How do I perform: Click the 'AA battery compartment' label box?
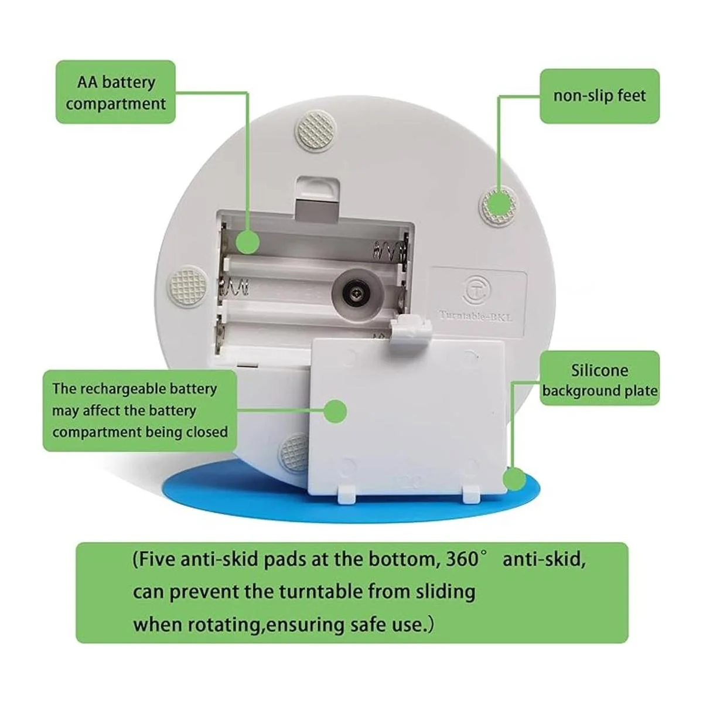click(115, 91)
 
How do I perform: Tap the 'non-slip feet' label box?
click(599, 96)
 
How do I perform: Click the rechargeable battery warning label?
click(140, 411)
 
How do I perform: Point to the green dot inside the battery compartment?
click(247, 242)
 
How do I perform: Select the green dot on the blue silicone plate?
click(514, 479)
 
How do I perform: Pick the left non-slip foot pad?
click(188, 288)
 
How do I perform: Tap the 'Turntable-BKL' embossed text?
click(476, 316)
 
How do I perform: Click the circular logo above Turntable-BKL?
click(478, 290)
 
